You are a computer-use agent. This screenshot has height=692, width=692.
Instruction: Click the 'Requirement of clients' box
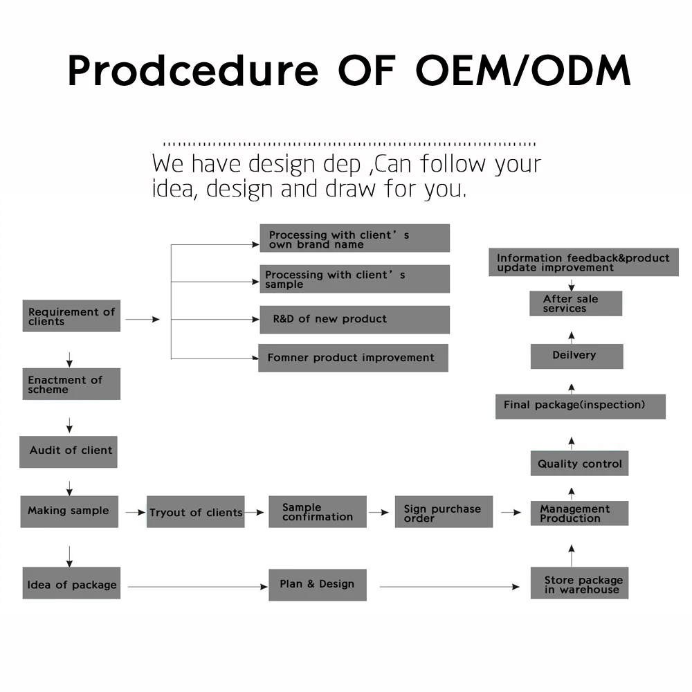point(71,316)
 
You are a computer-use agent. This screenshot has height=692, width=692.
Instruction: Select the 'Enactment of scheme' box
point(71,384)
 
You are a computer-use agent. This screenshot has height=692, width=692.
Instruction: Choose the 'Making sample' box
point(69,512)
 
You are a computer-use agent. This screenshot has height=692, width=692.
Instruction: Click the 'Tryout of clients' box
point(196,512)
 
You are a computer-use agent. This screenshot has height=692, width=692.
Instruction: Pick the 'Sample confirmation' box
point(318,512)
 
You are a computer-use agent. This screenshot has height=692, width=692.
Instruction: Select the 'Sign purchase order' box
point(444,512)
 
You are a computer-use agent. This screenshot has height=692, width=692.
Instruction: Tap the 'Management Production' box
point(579,513)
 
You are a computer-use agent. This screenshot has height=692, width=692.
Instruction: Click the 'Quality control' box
point(579,464)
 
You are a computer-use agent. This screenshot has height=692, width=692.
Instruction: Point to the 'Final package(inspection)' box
point(580,406)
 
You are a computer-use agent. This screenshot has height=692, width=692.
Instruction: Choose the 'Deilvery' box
point(576,356)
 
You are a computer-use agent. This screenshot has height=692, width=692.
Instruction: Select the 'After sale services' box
point(576,304)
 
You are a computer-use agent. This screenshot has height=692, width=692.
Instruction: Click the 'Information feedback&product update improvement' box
point(583,262)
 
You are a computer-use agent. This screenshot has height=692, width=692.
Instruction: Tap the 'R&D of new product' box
point(354,320)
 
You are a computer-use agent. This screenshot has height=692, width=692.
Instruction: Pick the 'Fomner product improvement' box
point(353,358)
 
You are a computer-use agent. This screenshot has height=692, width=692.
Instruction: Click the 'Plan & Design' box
point(318,585)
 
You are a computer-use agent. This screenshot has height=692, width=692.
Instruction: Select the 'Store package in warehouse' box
point(580,584)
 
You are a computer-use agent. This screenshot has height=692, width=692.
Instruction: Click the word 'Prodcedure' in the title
point(192,70)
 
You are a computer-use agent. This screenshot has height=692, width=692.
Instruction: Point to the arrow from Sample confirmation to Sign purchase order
point(379,513)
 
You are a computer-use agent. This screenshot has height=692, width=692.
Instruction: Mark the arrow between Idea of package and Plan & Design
point(197,587)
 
